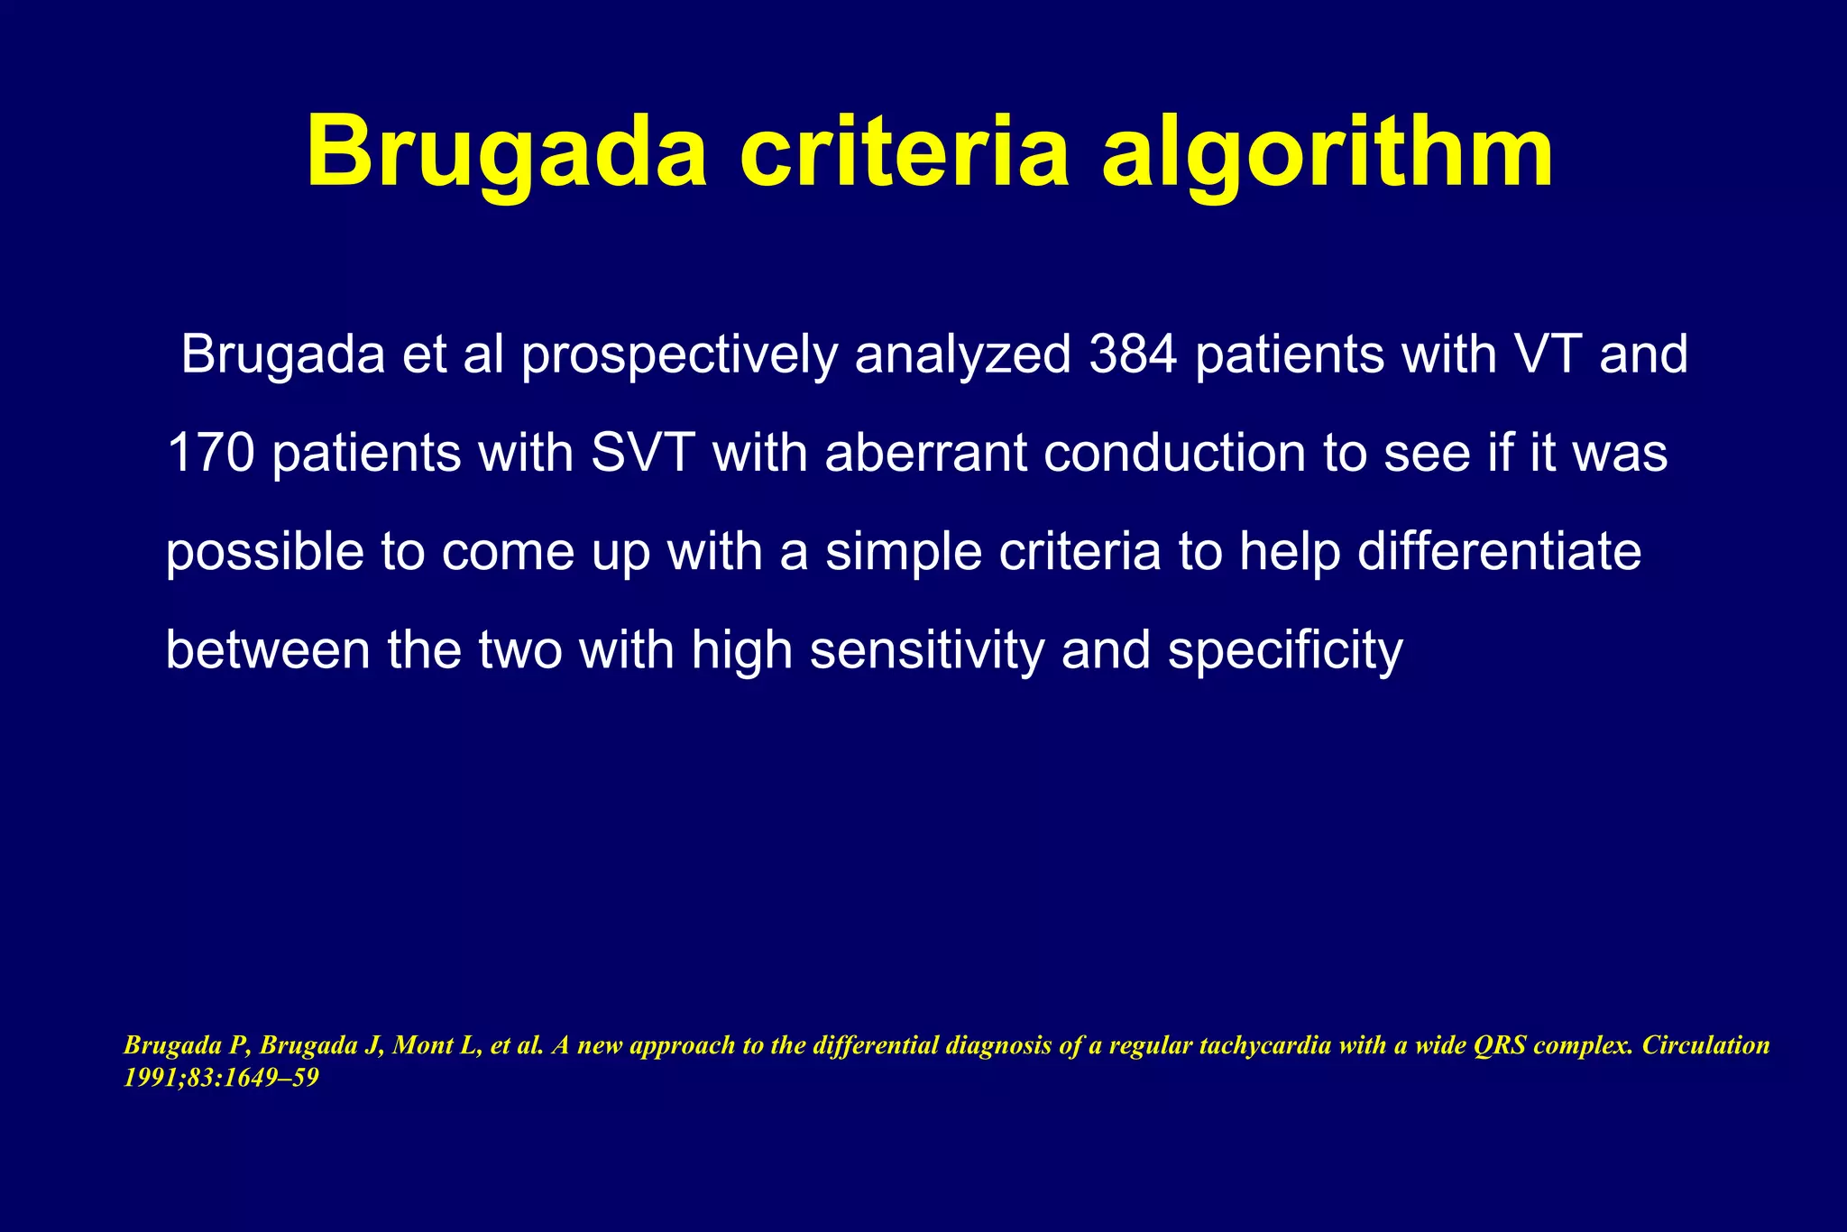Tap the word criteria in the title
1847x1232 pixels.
904,152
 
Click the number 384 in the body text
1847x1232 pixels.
1133,355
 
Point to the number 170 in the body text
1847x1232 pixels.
211,453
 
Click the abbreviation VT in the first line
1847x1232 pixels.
1538,355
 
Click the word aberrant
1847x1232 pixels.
925,453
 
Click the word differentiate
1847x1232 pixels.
1499,552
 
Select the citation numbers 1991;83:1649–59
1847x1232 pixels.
221,1078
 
